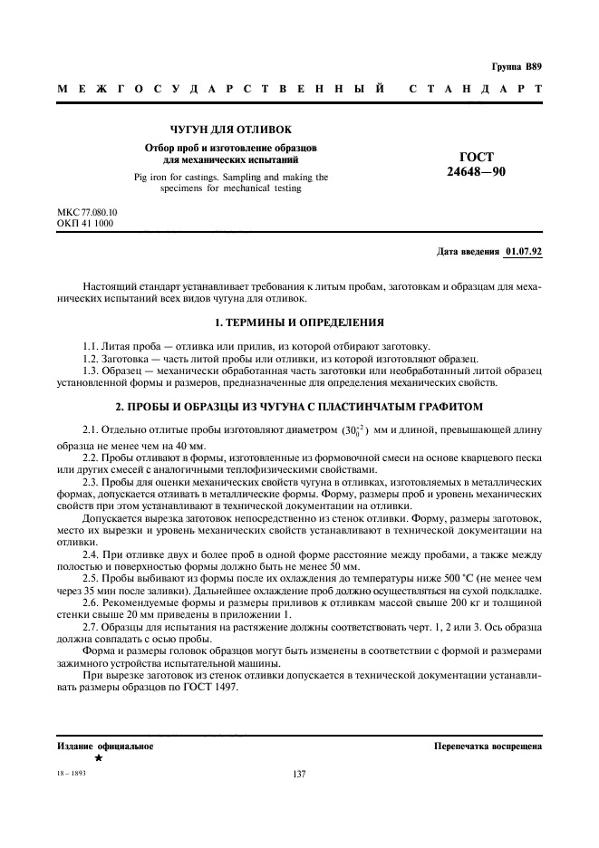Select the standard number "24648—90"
point(477,170)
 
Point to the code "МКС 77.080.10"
point(87,212)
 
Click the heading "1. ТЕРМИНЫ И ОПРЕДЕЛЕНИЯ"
point(299,322)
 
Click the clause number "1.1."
point(91,347)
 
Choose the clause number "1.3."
point(91,371)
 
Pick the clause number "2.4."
point(91,554)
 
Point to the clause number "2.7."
point(91,625)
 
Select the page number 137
point(299,775)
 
